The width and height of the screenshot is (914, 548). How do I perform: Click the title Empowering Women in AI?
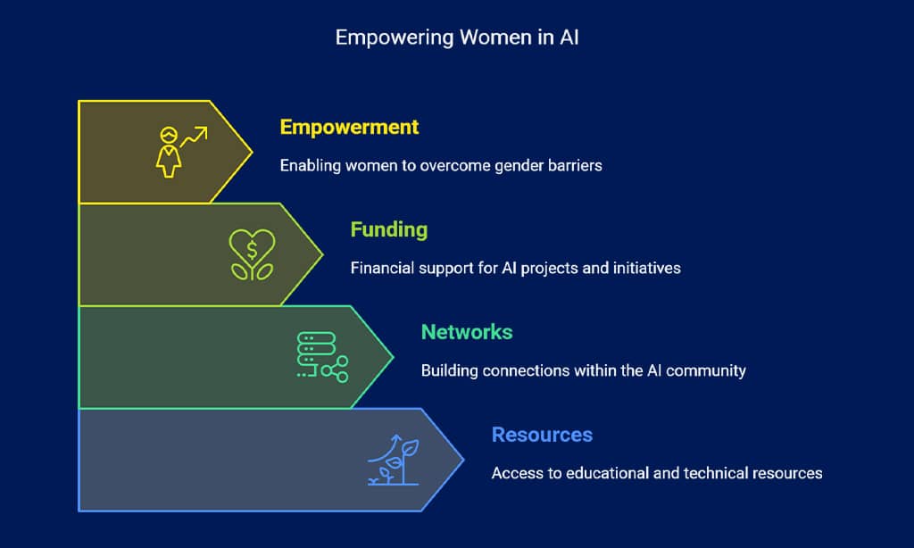coord(457,37)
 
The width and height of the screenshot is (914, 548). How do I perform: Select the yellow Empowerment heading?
coord(349,127)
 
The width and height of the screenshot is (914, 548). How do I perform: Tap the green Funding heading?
coord(389,229)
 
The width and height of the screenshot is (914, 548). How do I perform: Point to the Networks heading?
coord(467,332)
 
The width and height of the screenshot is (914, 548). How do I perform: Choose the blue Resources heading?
coord(542,435)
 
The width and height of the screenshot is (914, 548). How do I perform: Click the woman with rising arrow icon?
coord(181,152)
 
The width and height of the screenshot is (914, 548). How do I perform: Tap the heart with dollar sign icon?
coord(252,254)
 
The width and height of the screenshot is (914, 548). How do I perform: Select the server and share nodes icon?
coord(322,357)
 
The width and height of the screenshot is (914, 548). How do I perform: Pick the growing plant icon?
coord(394,460)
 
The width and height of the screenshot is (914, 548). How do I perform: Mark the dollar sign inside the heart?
coord(252,251)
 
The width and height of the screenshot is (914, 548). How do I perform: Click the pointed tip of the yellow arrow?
coord(252,152)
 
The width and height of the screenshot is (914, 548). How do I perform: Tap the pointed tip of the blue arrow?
coord(463,460)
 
